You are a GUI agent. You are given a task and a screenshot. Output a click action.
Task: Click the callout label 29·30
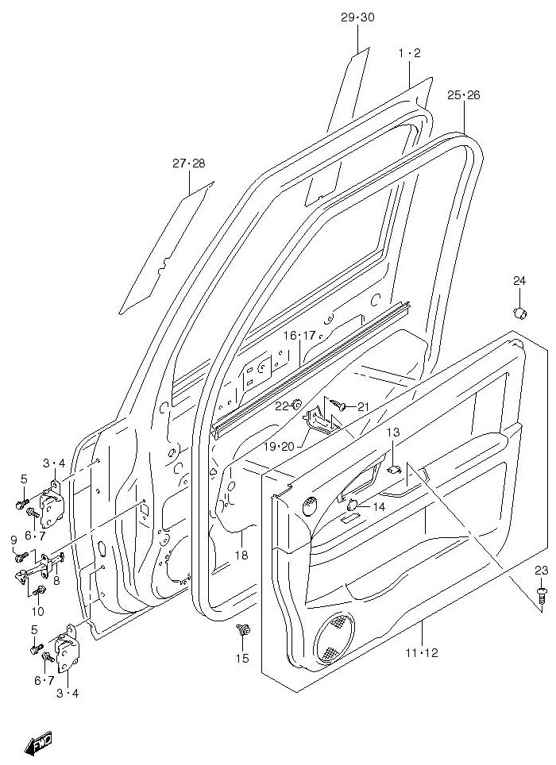coord(357,17)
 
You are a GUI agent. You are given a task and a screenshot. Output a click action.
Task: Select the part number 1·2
coord(409,53)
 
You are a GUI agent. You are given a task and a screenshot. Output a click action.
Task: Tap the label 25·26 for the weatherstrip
coord(463,95)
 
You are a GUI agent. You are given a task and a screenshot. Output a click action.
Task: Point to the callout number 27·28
coord(189,163)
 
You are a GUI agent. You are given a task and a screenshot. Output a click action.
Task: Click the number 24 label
coord(519,280)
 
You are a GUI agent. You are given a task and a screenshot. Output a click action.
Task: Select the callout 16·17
coord(299,336)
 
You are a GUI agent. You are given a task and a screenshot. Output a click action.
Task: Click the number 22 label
coord(281,406)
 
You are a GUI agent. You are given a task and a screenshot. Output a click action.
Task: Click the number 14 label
coord(378,506)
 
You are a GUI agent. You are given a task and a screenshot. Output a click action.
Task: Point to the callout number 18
coord(241,555)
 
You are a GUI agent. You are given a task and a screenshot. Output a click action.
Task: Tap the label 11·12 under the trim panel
coord(421,654)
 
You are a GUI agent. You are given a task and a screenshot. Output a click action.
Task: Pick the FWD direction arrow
coord(38,744)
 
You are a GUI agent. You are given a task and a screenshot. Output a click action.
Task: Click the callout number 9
coord(14,540)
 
